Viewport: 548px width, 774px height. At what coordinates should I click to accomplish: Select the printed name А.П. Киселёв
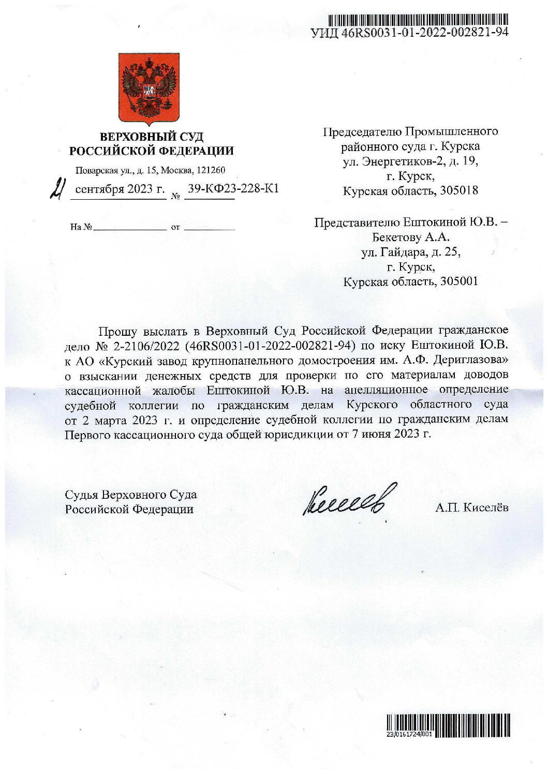[471, 508]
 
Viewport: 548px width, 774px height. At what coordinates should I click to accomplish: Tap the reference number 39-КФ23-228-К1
[233, 188]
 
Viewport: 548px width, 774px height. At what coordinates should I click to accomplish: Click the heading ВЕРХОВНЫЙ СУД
[152, 137]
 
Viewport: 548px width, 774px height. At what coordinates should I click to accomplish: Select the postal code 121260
[212, 170]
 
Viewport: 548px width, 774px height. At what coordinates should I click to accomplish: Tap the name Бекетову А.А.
[410, 237]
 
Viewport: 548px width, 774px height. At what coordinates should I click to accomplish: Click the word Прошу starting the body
[118, 331]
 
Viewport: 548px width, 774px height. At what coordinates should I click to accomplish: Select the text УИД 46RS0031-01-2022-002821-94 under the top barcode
[409, 33]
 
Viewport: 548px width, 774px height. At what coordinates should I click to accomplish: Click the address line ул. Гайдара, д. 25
[410, 252]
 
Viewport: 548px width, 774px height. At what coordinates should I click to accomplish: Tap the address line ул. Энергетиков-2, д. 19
[410, 161]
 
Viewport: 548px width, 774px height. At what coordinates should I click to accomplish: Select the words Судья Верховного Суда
[130, 495]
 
